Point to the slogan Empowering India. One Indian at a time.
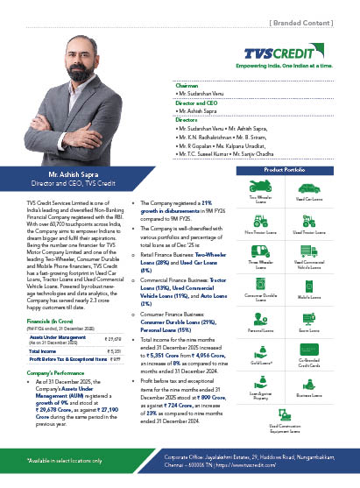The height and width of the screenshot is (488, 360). [x=287, y=65]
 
